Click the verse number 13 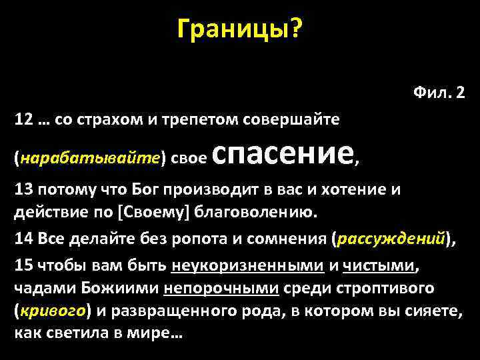point(23,189)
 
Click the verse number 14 point(23,239)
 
